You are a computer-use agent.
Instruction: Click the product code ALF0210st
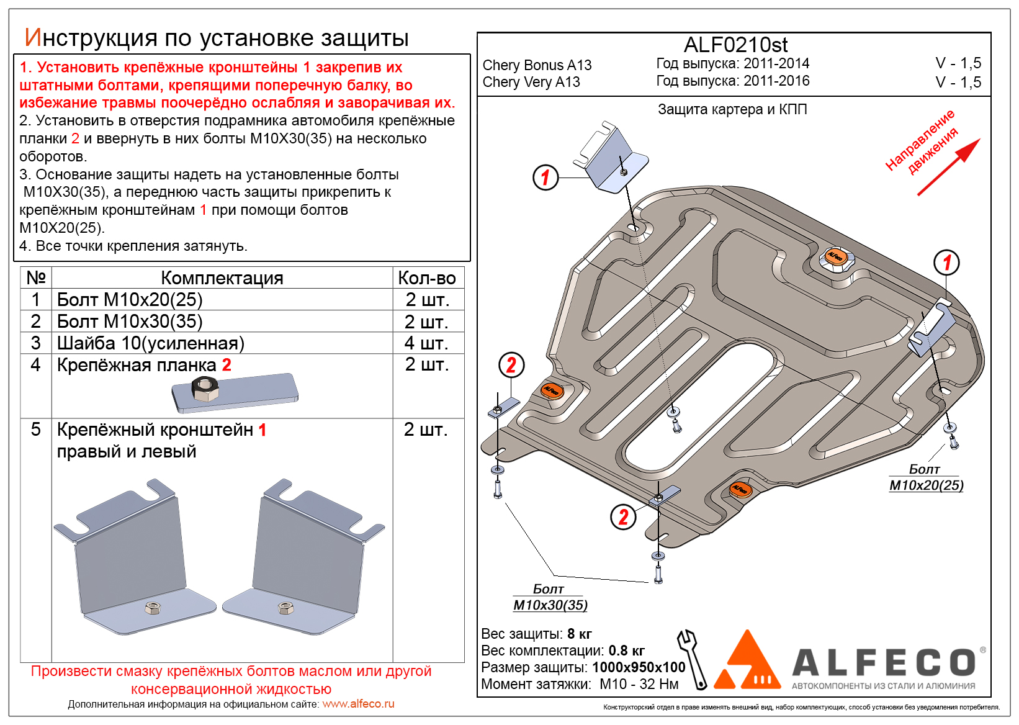click(x=735, y=45)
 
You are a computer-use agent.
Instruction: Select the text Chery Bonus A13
click(x=537, y=65)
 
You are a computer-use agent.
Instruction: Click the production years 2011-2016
click(x=776, y=81)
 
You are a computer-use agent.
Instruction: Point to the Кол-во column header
click(x=427, y=278)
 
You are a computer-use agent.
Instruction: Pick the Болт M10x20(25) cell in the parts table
click(x=130, y=300)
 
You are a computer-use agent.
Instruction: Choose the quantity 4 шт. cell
click(x=427, y=343)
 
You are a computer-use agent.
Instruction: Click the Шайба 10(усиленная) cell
click(x=151, y=343)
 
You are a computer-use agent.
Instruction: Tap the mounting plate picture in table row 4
click(x=235, y=392)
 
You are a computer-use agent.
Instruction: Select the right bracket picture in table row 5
click(x=304, y=552)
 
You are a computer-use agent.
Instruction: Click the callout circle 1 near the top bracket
click(x=545, y=178)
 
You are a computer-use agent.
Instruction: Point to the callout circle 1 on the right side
click(x=946, y=263)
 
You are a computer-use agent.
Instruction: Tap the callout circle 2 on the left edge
click(x=511, y=365)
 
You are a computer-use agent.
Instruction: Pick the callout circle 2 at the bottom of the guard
click(x=623, y=516)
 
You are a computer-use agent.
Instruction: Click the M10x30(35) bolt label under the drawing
click(x=550, y=605)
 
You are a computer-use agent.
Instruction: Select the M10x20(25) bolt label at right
click(x=926, y=485)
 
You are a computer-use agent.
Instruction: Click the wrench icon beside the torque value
click(x=693, y=659)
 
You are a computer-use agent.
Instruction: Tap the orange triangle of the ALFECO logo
click(x=748, y=662)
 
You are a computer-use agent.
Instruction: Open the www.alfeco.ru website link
click(x=358, y=704)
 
